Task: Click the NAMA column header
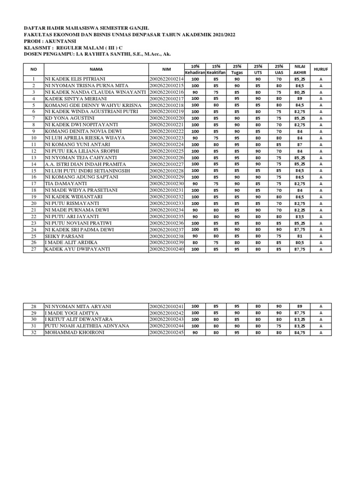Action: [x=96, y=69]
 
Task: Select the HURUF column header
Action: [x=321, y=69]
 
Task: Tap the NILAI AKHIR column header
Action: [x=299, y=69]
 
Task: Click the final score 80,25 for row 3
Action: [x=299, y=92]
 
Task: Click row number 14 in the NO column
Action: [x=34, y=164]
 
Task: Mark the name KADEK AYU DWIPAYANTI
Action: [x=77, y=249]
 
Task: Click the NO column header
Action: [x=34, y=69]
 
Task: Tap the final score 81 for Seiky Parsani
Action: [x=299, y=236]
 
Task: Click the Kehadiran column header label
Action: [x=195, y=73]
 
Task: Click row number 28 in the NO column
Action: [x=34, y=306]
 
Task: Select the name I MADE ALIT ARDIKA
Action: [x=71, y=242]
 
